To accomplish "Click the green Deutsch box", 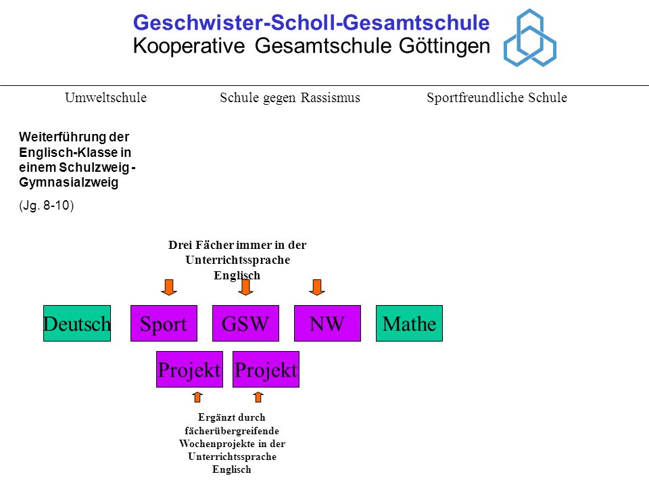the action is pyautogui.click(x=77, y=323).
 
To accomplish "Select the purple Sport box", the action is pyautogui.click(x=164, y=323).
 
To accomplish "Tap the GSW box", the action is pyautogui.click(x=245, y=323).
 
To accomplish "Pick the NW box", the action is pyautogui.click(x=327, y=323).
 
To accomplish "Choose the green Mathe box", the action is pyautogui.click(x=410, y=323).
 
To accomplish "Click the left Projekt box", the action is pyautogui.click(x=189, y=369).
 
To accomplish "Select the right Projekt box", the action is pyautogui.click(x=266, y=369).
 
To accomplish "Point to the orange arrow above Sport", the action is pyautogui.click(x=169, y=287).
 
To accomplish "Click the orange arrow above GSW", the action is pyautogui.click(x=245, y=287).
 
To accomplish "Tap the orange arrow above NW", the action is pyautogui.click(x=317, y=287).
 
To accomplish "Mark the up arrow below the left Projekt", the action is pyautogui.click(x=197, y=397).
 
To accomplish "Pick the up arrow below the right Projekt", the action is pyautogui.click(x=258, y=397).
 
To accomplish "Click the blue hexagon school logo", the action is pyautogui.click(x=530, y=38).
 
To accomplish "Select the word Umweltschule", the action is pyautogui.click(x=106, y=97).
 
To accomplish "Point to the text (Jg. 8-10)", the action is pyautogui.click(x=47, y=206).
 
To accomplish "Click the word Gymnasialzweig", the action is pyautogui.click(x=69, y=183).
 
